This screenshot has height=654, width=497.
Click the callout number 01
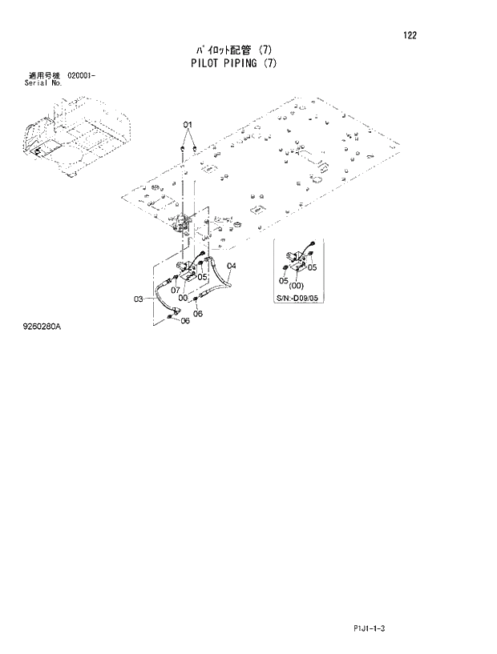pos(188,126)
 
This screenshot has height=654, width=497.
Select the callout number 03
pos(138,299)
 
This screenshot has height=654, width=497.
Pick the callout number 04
pos(231,266)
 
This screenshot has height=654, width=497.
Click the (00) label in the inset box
pos(297,286)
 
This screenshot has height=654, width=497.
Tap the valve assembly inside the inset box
pos(297,258)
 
